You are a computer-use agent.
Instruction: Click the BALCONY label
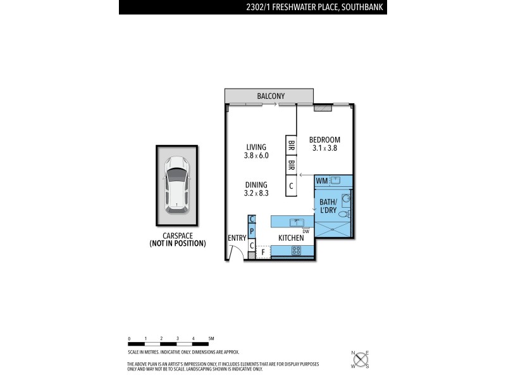pyautogui.click(x=270, y=96)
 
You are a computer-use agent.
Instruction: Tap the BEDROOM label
pyautogui.click(x=324, y=140)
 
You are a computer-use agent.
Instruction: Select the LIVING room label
pyautogui.click(x=256, y=147)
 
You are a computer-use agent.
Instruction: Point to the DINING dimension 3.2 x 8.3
pyautogui.click(x=257, y=194)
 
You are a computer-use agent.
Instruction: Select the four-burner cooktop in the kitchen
pyautogui.click(x=295, y=251)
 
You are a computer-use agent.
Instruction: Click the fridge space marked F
pyautogui.click(x=263, y=252)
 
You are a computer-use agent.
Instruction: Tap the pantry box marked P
pyautogui.click(x=251, y=232)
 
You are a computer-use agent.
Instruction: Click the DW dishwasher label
pyautogui.click(x=305, y=231)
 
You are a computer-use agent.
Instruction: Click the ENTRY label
pyautogui.click(x=237, y=237)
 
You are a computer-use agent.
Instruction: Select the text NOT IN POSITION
pyautogui.click(x=177, y=243)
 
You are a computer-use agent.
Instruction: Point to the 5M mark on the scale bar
pyautogui.click(x=211, y=339)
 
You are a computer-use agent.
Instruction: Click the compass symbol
pyautogui.click(x=361, y=360)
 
